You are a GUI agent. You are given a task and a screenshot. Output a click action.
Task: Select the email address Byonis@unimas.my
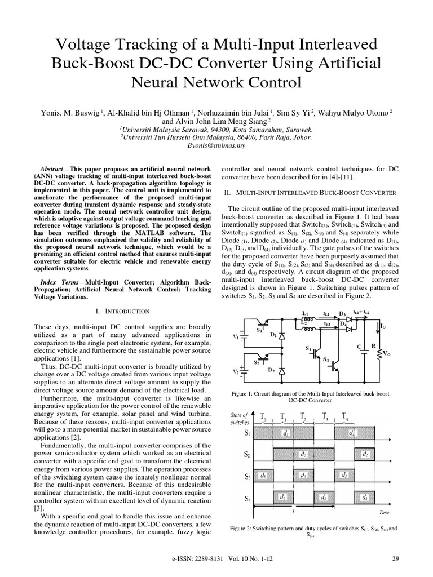(216, 145)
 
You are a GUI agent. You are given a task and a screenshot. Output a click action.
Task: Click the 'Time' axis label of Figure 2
(383, 512)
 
